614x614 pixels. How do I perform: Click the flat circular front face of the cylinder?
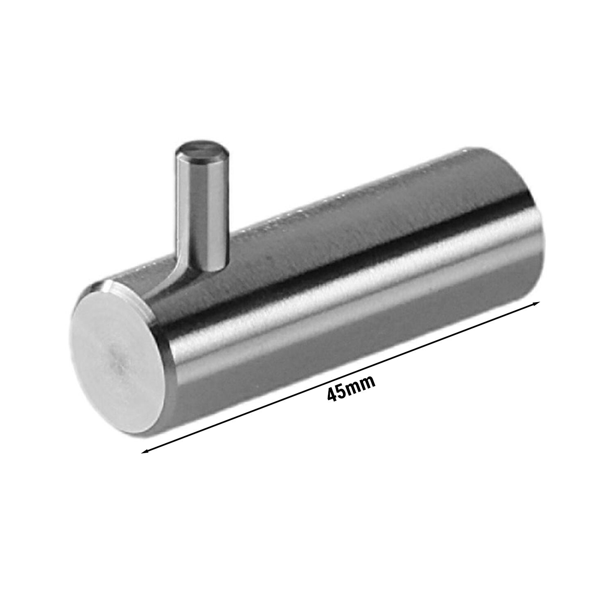point(118,352)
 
